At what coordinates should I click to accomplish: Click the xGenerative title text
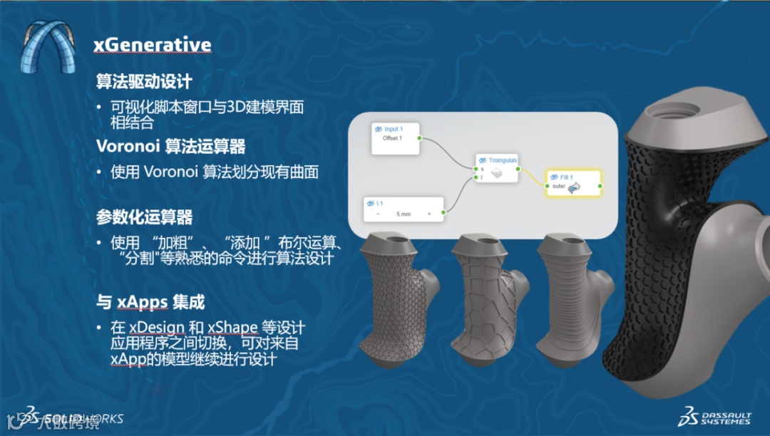(x=152, y=46)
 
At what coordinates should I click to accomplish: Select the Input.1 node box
(x=394, y=137)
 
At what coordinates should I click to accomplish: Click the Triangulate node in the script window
(x=497, y=167)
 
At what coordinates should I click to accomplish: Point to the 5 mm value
(x=403, y=213)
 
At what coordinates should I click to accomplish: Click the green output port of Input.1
(x=420, y=137)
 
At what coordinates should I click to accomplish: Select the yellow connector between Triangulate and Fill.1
(x=531, y=175)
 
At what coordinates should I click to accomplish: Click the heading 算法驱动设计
(x=144, y=81)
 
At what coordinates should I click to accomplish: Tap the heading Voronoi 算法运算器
(x=170, y=147)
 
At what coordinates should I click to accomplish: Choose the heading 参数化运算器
(x=144, y=217)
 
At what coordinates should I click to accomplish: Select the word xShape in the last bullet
(x=232, y=328)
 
